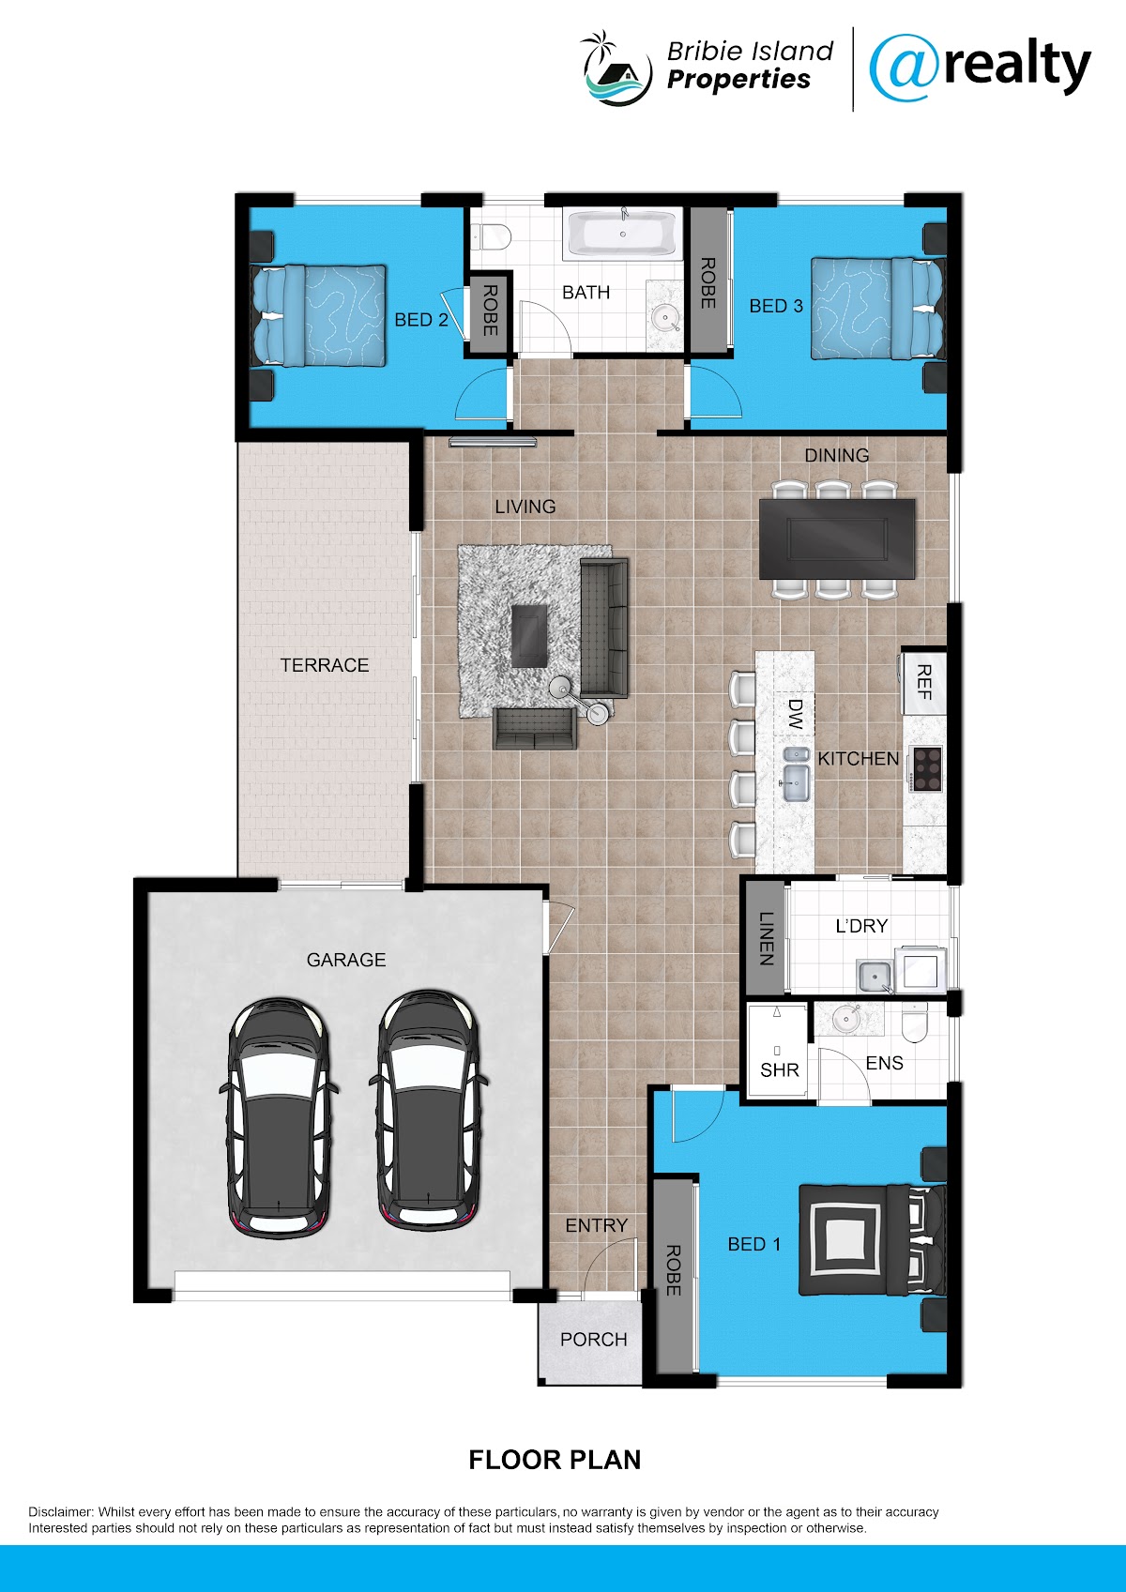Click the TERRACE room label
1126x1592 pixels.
(x=324, y=665)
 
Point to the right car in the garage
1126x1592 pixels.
(x=428, y=1110)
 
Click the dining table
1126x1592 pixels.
(x=837, y=538)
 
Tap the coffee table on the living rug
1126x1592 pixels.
(x=529, y=635)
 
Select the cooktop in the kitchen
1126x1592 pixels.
(x=927, y=768)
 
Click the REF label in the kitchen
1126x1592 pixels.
(x=923, y=682)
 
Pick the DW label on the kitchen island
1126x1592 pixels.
(x=796, y=714)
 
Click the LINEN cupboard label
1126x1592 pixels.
(x=766, y=938)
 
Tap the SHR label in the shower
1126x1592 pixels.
(x=780, y=1069)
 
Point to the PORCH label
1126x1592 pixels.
(x=594, y=1339)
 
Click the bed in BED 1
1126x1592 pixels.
(x=873, y=1239)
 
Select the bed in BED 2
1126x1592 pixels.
(x=318, y=315)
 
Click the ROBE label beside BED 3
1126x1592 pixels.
(x=708, y=283)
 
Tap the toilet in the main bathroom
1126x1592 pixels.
(x=494, y=236)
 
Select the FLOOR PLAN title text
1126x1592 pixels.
(x=555, y=1460)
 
